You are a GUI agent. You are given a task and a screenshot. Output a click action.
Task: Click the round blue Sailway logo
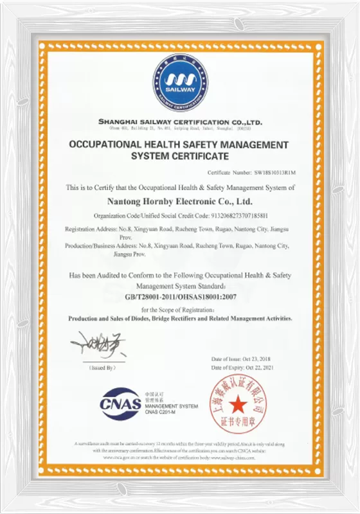(179, 83)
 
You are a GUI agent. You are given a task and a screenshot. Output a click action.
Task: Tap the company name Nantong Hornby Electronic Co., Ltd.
(180, 202)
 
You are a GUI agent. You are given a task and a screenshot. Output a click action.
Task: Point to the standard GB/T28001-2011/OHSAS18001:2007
(180, 297)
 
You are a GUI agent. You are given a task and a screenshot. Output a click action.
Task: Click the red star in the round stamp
(239, 405)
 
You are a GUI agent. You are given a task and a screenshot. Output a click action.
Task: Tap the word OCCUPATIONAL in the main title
(110, 145)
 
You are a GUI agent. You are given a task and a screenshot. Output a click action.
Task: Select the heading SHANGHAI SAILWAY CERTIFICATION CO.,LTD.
(180, 121)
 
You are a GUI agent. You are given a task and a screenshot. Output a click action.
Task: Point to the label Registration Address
(89, 229)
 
